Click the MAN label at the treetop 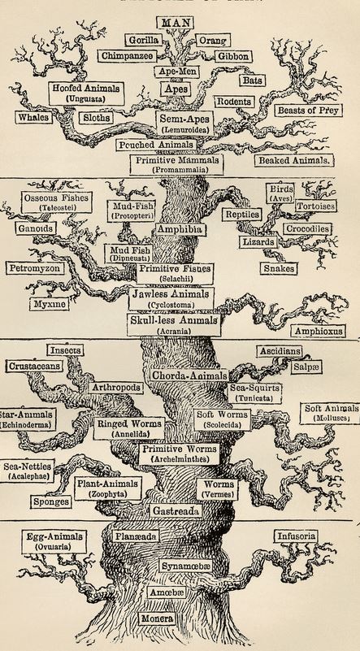click(176, 22)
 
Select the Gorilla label click(143, 41)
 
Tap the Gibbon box click(233, 56)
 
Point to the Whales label click(34, 118)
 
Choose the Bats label click(253, 80)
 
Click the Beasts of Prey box click(308, 111)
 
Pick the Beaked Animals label click(294, 161)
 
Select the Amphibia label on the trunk click(180, 229)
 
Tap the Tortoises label click(316, 206)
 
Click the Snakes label click(280, 269)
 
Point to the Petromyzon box click(35, 268)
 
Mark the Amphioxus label click(319, 332)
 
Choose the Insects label click(65, 350)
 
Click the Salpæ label click(306, 367)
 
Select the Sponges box click(51, 501)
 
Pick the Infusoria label click(296, 536)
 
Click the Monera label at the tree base click(157, 618)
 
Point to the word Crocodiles click(308, 229)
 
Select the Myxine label click(50, 304)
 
